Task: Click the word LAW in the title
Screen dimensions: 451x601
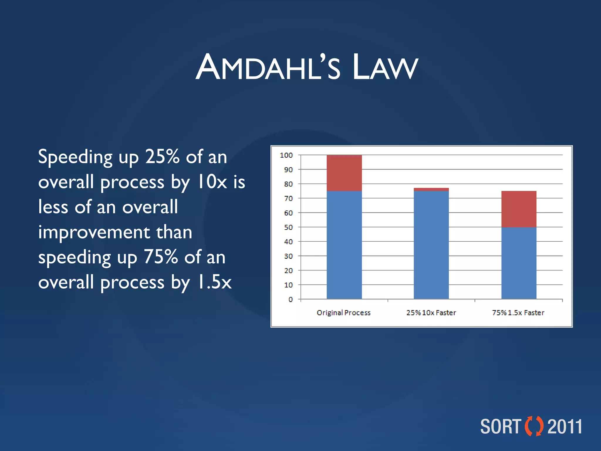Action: coord(385,68)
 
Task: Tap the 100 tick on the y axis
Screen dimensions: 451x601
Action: coord(286,155)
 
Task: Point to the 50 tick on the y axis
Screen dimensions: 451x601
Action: coord(288,227)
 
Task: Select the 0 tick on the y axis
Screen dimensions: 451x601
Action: coord(291,299)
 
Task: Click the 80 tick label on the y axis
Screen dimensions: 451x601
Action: coord(288,184)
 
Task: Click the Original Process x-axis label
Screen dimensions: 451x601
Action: coord(344,313)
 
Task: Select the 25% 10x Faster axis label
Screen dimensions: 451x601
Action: coord(431,313)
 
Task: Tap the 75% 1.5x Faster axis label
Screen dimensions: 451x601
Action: coord(518,313)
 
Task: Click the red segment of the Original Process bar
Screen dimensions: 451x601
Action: coord(344,173)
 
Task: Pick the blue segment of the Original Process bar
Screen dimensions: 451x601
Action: coord(344,245)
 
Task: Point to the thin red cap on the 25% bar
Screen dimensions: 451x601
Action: coord(431,189)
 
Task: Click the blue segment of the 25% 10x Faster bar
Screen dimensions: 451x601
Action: coord(431,245)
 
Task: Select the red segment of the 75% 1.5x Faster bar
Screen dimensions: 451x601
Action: coord(519,209)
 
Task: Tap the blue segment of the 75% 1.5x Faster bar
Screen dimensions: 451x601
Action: coord(519,263)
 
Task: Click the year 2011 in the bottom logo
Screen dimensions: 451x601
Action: coord(565,427)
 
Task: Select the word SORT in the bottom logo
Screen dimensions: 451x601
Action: coord(500,427)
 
